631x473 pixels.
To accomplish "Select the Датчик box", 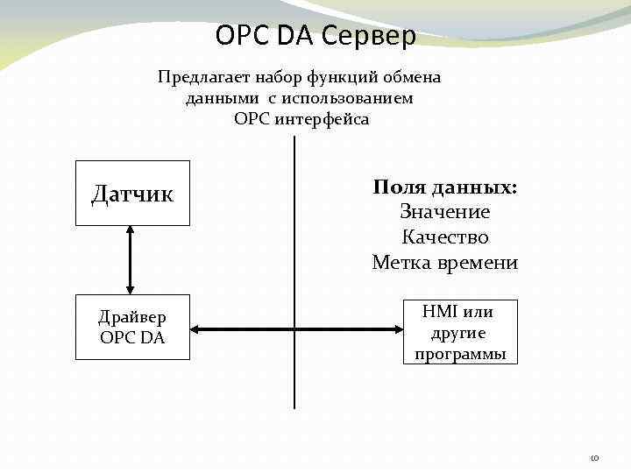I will (132, 194).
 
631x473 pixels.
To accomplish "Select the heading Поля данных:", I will (445, 187).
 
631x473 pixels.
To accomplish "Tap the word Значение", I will (445, 212).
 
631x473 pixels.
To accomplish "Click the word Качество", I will (445, 237).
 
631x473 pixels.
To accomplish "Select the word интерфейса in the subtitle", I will (323, 118).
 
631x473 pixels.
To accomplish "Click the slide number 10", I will (593, 458).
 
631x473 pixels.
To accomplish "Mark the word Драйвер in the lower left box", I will (132, 317).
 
